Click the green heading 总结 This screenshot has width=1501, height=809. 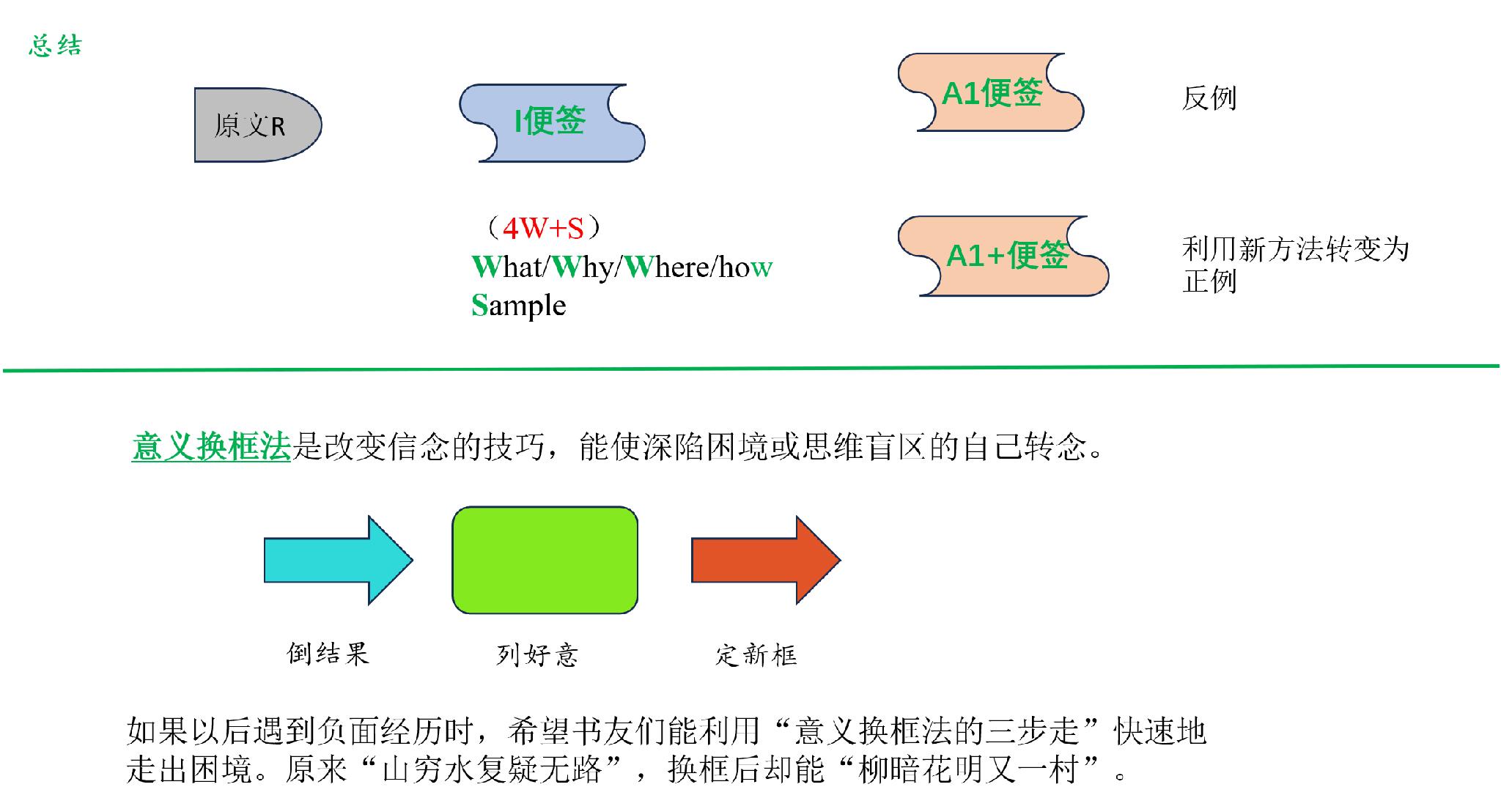56,46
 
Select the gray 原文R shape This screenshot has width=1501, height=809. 257,125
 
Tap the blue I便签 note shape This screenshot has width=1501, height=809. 552,122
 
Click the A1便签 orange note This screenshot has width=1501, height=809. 991,92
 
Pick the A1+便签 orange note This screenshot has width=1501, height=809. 1003,256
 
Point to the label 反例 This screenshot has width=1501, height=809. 1209,98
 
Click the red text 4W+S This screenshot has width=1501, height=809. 543,229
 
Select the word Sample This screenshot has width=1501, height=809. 518,306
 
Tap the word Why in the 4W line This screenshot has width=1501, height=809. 582,267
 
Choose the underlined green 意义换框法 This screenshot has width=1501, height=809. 212,446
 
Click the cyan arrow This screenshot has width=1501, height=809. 339,561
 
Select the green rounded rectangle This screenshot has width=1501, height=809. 545,560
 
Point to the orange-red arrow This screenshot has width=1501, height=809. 766,561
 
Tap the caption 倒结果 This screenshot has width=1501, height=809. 328,653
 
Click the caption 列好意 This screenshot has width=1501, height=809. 537,654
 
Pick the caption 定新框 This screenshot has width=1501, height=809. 756,654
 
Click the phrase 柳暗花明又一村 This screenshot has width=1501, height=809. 967,769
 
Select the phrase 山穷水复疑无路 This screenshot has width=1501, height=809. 492,769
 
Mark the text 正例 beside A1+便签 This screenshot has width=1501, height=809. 1209,281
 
